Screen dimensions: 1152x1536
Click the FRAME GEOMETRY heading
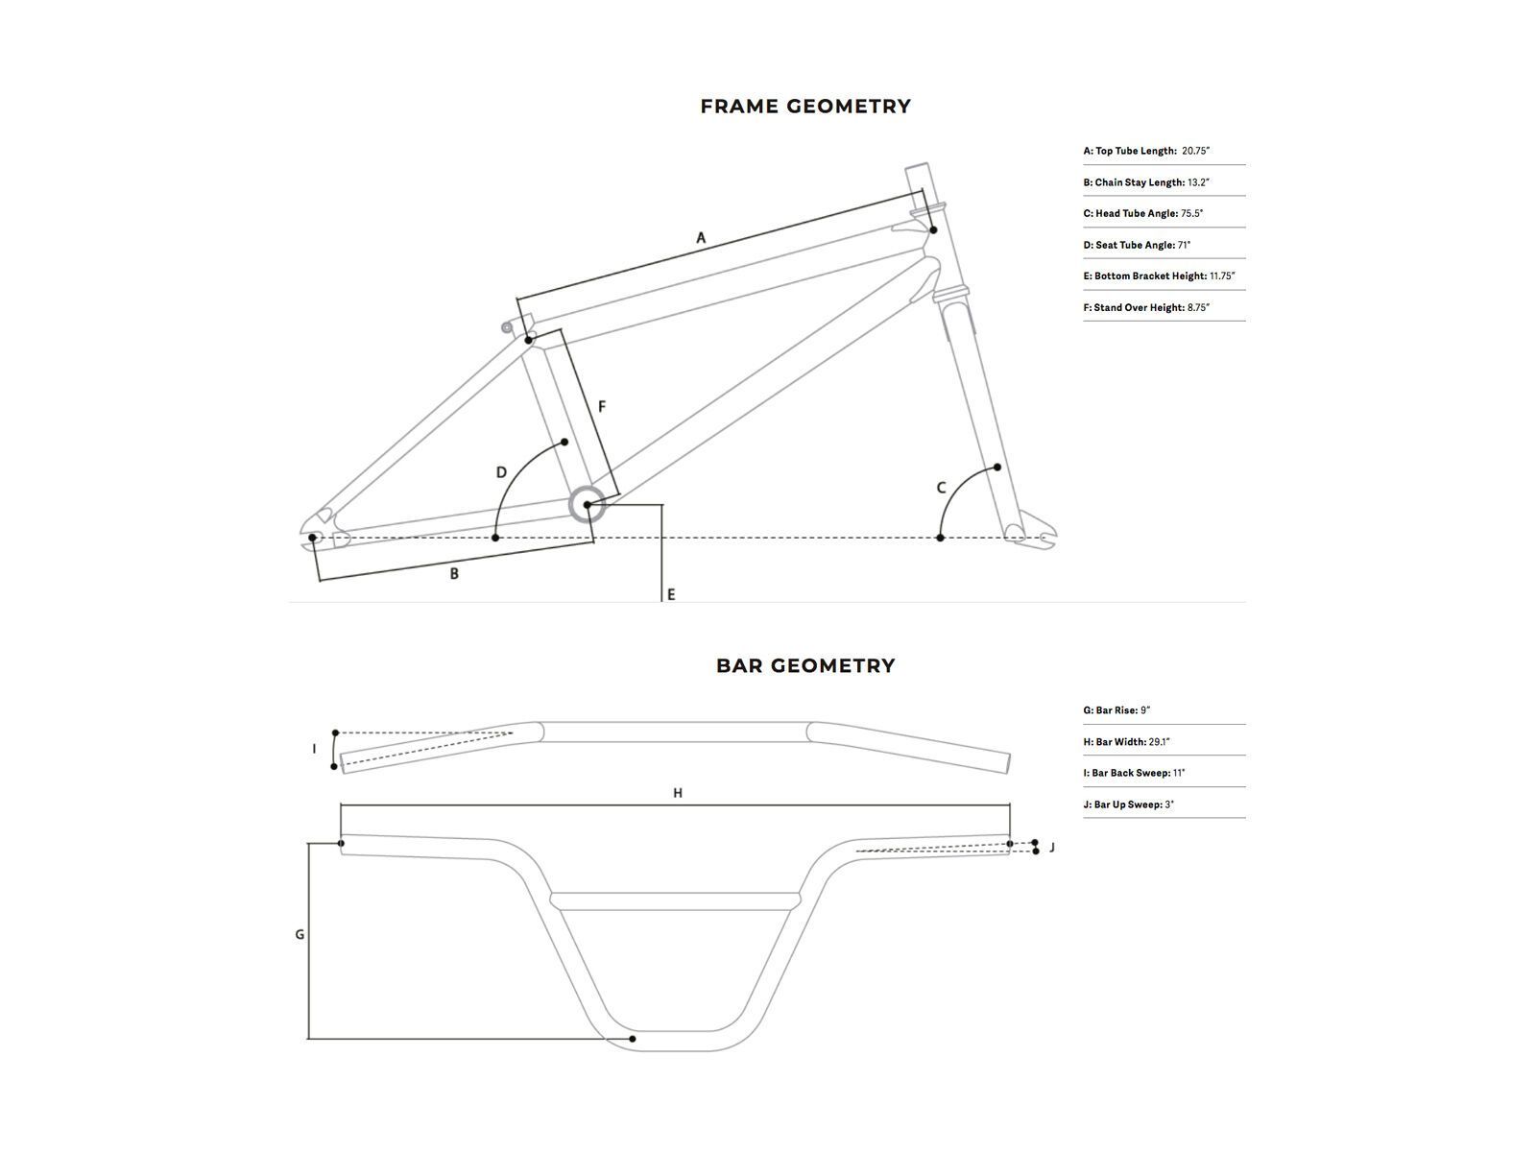pos(805,107)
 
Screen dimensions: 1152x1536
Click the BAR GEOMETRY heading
pos(805,665)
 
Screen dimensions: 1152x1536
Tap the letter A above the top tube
pos(701,237)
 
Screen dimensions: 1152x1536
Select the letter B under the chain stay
pos(454,574)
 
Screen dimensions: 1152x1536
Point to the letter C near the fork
pos(941,488)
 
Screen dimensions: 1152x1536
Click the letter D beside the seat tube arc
pos(501,472)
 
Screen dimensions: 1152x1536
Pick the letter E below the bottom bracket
pos(671,594)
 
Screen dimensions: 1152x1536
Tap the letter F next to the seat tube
pos(602,407)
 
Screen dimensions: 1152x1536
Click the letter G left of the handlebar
pos(300,934)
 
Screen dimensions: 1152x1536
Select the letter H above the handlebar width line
pos(678,793)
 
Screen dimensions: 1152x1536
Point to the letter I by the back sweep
pos(314,749)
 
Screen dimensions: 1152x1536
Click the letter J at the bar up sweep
pos(1052,848)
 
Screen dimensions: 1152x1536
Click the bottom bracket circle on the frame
pos(587,505)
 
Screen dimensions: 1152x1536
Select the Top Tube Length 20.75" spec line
pos(1146,151)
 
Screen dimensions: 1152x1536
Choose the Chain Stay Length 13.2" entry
pos(1146,182)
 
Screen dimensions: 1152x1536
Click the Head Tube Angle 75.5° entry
pos(1142,213)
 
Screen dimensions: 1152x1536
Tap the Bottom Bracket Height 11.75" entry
pos(1159,276)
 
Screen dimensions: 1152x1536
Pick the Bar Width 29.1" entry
pos(1126,742)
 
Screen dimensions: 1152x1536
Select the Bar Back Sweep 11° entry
pos(1134,773)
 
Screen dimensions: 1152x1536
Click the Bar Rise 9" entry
pos(1116,710)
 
